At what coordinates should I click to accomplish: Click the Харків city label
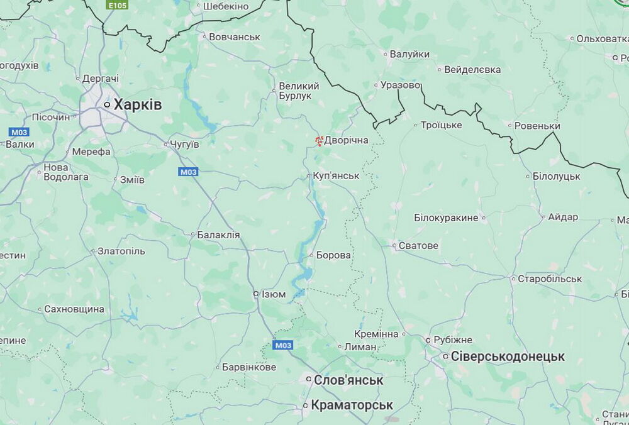point(137,105)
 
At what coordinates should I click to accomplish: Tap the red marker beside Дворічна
point(319,141)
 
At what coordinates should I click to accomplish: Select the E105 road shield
point(117,5)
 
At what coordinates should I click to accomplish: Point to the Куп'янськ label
point(336,175)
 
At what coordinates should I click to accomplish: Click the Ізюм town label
point(273,294)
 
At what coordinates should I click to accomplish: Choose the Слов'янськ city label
point(349,380)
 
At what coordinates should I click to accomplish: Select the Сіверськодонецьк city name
point(508,356)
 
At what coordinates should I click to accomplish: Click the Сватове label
point(418,245)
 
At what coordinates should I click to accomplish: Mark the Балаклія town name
point(218,235)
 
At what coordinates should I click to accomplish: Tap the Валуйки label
point(409,55)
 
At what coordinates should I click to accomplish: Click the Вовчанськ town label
point(234,37)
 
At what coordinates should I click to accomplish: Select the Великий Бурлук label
point(299,91)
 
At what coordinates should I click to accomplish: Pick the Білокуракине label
point(450,218)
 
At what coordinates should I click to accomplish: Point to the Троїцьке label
point(441,125)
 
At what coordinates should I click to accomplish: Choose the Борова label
point(333,255)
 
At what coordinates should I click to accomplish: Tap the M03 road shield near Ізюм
point(283,345)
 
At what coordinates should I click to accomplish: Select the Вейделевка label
point(472,69)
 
